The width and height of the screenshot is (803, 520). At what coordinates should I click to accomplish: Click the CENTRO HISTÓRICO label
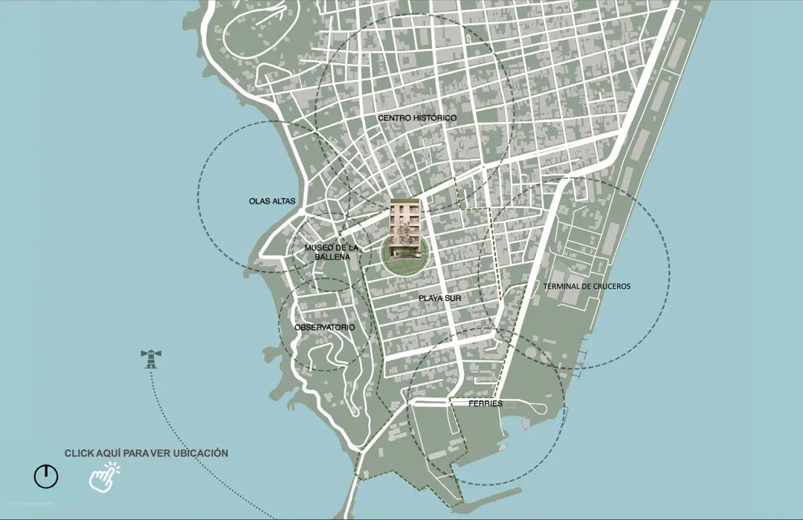pyautogui.click(x=416, y=118)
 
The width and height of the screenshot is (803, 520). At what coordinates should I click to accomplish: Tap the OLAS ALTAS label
pyautogui.click(x=272, y=201)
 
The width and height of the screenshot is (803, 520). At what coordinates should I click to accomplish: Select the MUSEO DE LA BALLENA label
pyautogui.click(x=332, y=252)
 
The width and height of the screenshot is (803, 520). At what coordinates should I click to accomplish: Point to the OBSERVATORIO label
pyautogui.click(x=324, y=328)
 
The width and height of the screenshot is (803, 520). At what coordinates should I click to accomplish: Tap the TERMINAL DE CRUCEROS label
pyautogui.click(x=587, y=286)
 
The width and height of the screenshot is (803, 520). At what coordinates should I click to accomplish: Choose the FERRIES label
pyautogui.click(x=486, y=403)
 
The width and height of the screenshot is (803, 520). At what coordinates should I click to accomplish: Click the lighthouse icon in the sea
pyautogui.click(x=152, y=359)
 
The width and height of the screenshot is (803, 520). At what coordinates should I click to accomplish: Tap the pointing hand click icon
pyautogui.click(x=104, y=475)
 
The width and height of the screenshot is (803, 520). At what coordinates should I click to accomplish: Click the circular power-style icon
pyautogui.click(x=46, y=476)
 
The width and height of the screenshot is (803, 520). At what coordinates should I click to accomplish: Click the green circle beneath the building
pyautogui.click(x=406, y=257)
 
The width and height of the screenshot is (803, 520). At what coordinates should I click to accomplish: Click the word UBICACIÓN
pyautogui.click(x=197, y=453)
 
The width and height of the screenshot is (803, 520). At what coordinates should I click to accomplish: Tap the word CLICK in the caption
pyautogui.click(x=79, y=453)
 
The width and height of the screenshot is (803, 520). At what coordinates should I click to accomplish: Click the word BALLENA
pyautogui.click(x=332, y=257)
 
